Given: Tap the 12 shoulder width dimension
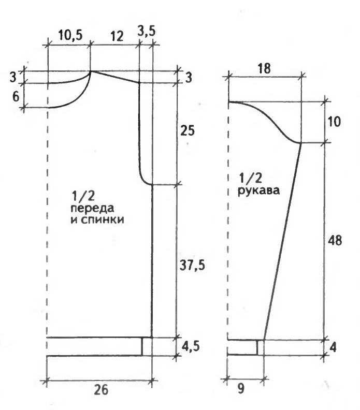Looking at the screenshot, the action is pyautogui.click(x=117, y=36).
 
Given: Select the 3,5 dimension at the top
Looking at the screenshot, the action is pyautogui.click(x=146, y=31).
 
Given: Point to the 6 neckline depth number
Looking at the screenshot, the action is pyautogui.click(x=16, y=97).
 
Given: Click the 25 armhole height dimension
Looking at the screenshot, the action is pyautogui.click(x=188, y=130).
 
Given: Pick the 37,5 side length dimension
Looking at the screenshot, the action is pyautogui.click(x=192, y=266).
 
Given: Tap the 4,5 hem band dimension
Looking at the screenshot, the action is pyautogui.click(x=190, y=346).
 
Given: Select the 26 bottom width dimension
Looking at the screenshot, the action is pyautogui.click(x=100, y=390).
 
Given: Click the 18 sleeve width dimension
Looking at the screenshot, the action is pyautogui.click(x=264, y=69).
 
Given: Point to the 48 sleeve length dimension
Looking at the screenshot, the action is pyautogui.click(x=335, y=240).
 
